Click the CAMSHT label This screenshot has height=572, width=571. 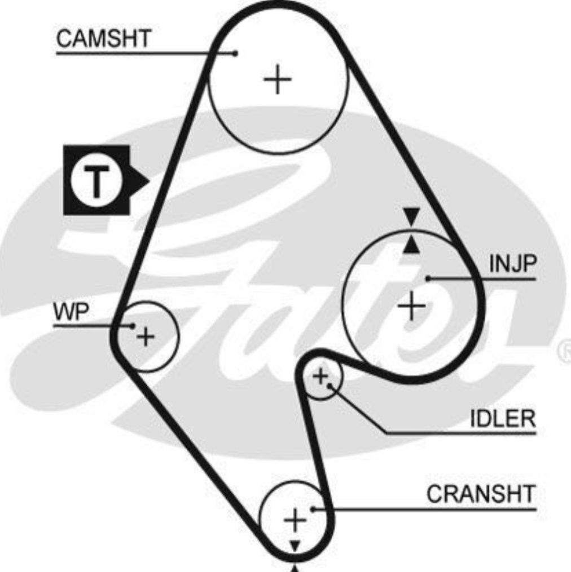[x=104, y=38]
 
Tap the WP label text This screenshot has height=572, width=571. [x=71, y=312]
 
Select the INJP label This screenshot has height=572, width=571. [x=513, y=263]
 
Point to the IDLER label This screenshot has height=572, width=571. [x=503, y=418]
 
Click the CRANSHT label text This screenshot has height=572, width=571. [x=481, y=494]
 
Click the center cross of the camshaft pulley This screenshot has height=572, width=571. [x=278, y=79]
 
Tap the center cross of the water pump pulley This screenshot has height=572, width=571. [x=146, y=336]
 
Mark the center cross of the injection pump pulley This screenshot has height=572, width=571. [x=412, y=305]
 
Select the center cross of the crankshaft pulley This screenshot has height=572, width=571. [x=295, y=520]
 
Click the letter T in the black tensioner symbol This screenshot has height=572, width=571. [x=96, y=181]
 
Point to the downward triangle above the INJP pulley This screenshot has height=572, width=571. [x=411, y=215]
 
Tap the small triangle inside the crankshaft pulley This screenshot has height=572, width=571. [x=295, y=546]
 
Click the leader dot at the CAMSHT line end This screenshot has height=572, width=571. [x=236, y=54]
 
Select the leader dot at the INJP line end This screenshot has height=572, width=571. [x=428, y=279]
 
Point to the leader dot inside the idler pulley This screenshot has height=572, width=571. [x=330, y=385]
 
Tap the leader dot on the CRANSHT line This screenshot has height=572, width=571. [x=313, y=509]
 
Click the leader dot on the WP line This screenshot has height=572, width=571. [x=132, y=326]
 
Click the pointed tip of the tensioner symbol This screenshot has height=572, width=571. [x=149, y=181]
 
